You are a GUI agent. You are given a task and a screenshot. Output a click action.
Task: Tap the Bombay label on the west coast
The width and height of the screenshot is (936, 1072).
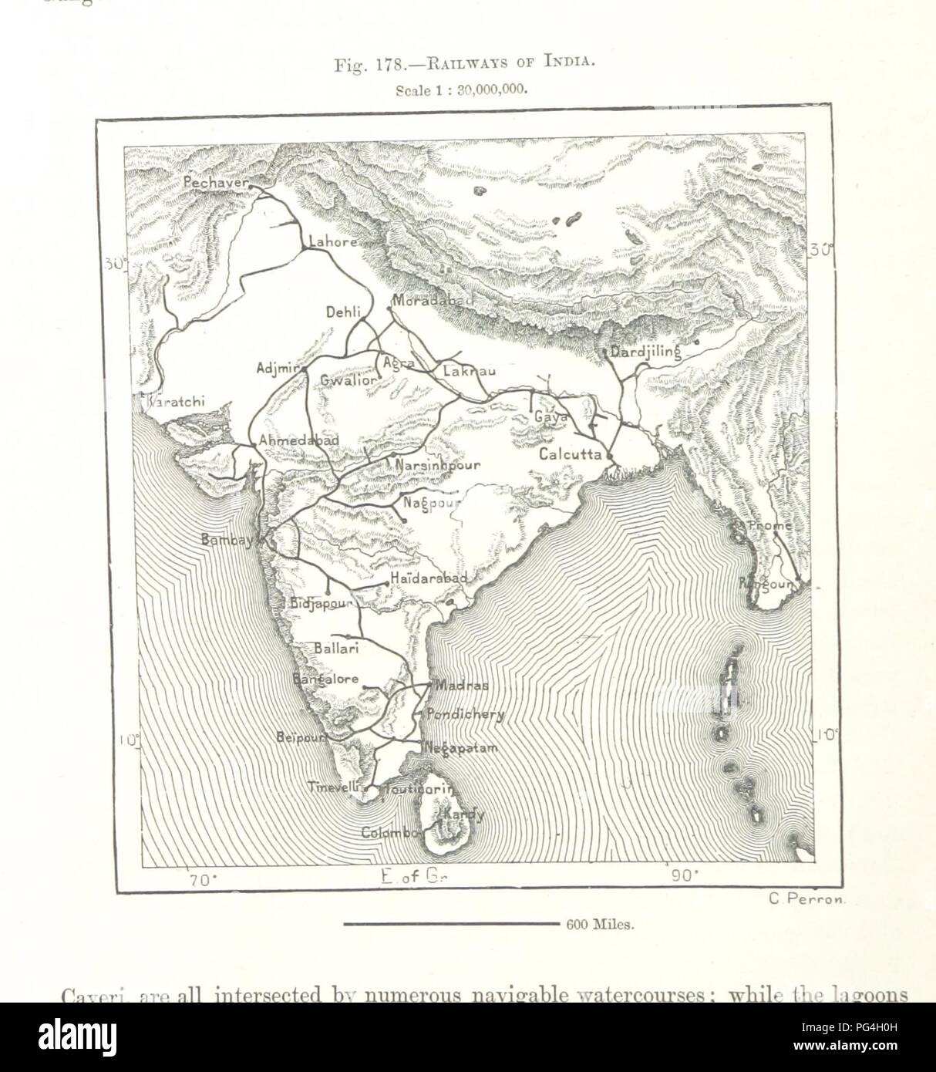[x=227, y=541]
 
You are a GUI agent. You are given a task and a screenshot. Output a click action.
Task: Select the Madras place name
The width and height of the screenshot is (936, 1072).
[x=462, y=685]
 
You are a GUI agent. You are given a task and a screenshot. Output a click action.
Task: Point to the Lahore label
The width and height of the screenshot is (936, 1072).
[x=332, y=241]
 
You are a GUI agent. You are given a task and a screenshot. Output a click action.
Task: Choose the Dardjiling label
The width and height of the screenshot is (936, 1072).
[x=645, y=352]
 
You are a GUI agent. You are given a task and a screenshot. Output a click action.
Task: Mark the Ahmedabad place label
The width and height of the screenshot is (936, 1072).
[x=299, y=440]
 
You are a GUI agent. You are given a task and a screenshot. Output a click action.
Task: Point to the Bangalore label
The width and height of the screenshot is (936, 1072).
[x=325, y=679]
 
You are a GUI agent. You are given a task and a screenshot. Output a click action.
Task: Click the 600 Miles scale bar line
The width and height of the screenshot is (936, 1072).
[x=450, y=922]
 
